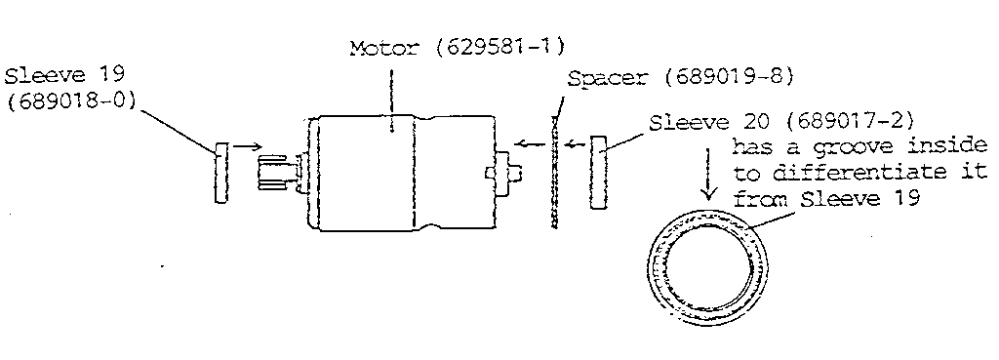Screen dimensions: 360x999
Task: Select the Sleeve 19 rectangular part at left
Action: [220, 173]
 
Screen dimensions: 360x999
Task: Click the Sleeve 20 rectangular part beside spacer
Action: [598, 173]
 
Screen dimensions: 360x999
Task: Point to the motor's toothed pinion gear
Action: [276, 173]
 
